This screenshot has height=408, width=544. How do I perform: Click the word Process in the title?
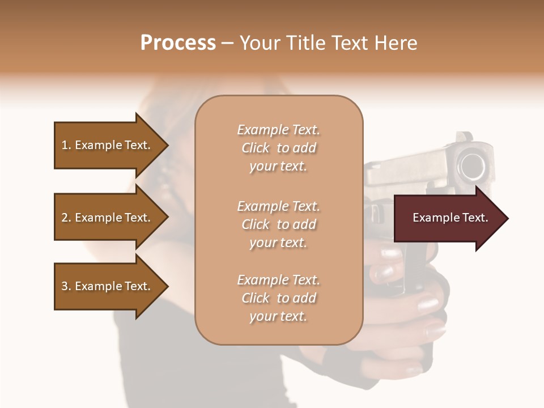pyautogui.click(x=178, y=43)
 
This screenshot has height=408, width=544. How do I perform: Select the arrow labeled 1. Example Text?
pyautogui.click(x=108, y=145)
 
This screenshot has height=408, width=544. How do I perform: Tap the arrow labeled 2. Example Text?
pyautogui.click(x=108, y=218)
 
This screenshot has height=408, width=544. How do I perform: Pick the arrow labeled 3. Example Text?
pyautogui.click(x=108, y=286)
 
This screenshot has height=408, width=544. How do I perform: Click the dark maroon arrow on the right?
pyautogui.click(x=448, y=218)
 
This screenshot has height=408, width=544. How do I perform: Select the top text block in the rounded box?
pyautogui.click(x=278, y=148)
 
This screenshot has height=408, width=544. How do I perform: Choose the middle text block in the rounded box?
pyautogui.click(x=278, y=224)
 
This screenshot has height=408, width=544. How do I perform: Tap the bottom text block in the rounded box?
pyautogui.click(x=278, y=298)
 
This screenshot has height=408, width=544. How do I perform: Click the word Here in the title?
pyautogui.click(x=397, y=43)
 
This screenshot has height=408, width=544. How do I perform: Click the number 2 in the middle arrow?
pyautogui.click(x=65, y=218)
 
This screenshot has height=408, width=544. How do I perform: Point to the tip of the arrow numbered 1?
pyautogui.click(x=167, y=145)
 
